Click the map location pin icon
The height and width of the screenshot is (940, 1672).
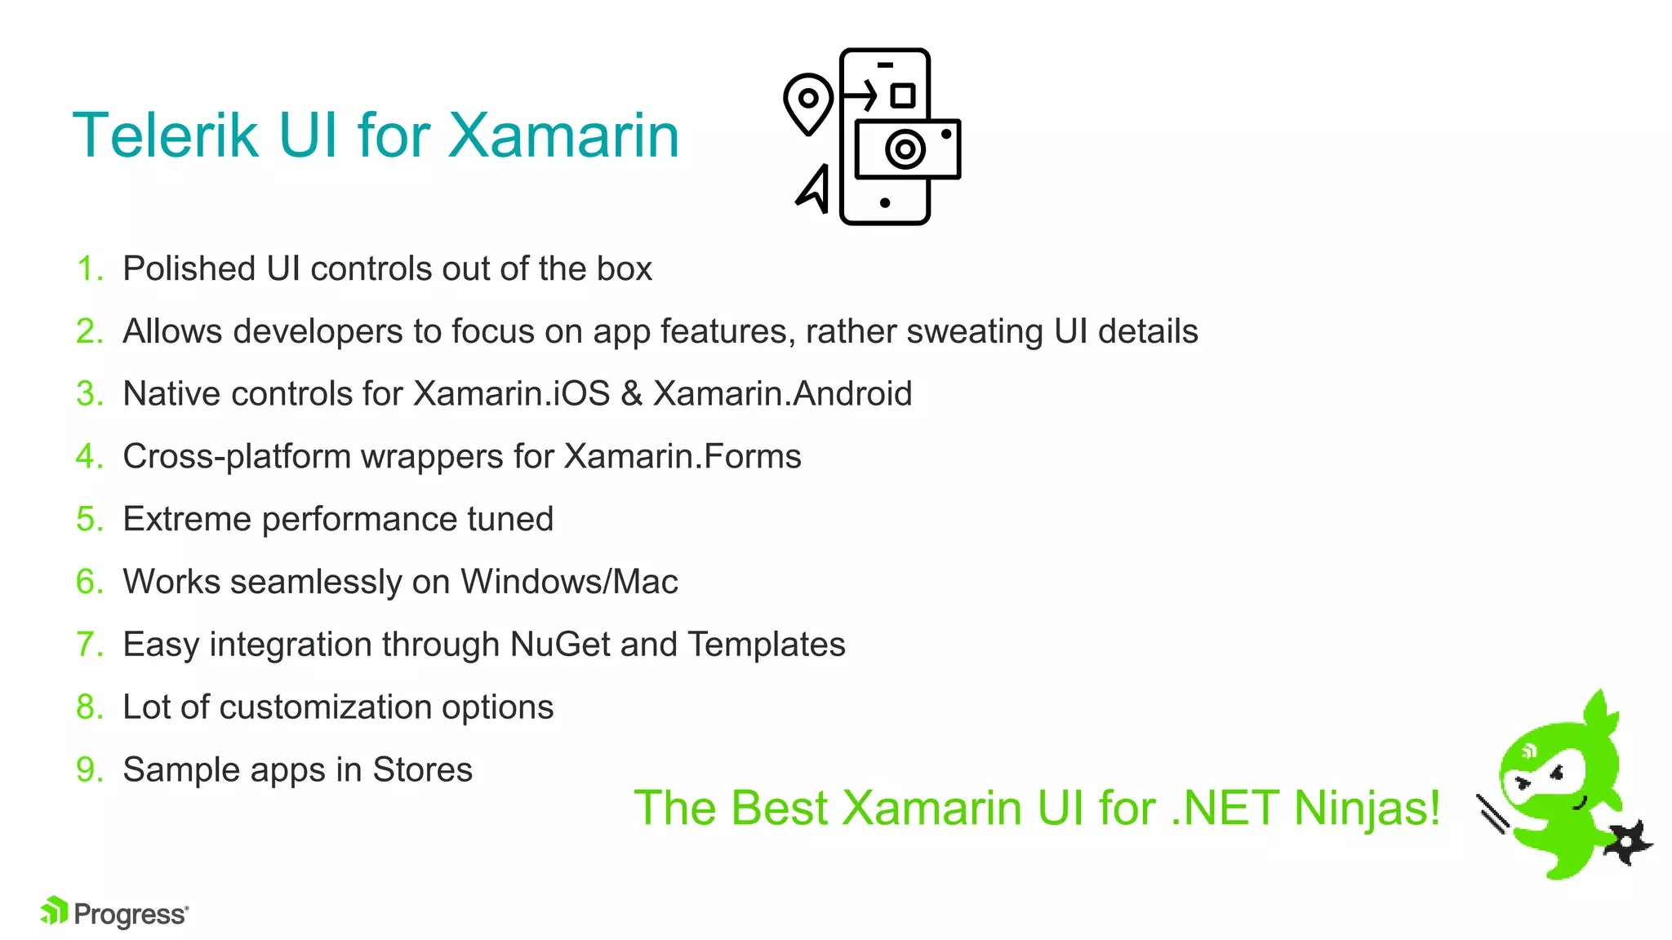point(807,102)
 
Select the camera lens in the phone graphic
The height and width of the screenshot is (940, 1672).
point(905,149)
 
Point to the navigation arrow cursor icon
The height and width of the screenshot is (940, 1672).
point(814,190)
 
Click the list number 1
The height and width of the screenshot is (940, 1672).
point(88,269)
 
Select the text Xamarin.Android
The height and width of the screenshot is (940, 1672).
point(782,394)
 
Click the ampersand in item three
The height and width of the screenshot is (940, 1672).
point(631,394)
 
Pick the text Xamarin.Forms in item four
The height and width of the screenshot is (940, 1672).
point(683,457)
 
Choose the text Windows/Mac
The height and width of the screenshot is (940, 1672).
point(569,583)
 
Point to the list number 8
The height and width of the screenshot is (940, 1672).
point(88,707)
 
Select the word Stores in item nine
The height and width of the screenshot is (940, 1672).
point(422,770)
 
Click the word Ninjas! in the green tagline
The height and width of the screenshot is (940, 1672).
point(1367,809)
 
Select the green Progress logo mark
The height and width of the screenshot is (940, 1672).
point(54,911)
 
